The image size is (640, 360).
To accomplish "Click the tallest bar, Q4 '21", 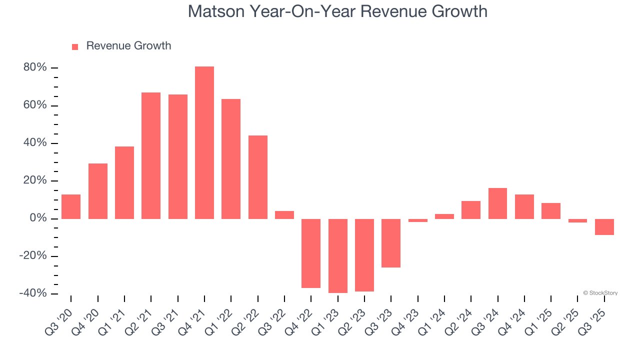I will coord(204,142).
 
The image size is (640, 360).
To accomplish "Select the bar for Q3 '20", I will coord(71,206).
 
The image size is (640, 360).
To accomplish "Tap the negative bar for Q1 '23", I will coord(338,255).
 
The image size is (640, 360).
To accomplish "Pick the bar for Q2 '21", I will coord(151,155).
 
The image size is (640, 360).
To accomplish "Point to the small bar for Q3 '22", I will coord(284,215).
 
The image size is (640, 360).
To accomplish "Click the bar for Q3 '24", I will coord(497,203).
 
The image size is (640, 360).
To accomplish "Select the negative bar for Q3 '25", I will coord(604,227).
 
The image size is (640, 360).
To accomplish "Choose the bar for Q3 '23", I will coord(391,243).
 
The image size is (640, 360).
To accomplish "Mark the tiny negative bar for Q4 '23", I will coord(418,220).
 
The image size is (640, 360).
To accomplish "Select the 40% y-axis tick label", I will coord(35,143).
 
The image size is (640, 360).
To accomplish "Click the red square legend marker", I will coord(75,47).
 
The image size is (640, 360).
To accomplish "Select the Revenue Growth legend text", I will coord(128,46).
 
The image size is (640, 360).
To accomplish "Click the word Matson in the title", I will coord(217,11).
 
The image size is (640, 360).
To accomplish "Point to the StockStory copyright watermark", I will coord(600,293).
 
